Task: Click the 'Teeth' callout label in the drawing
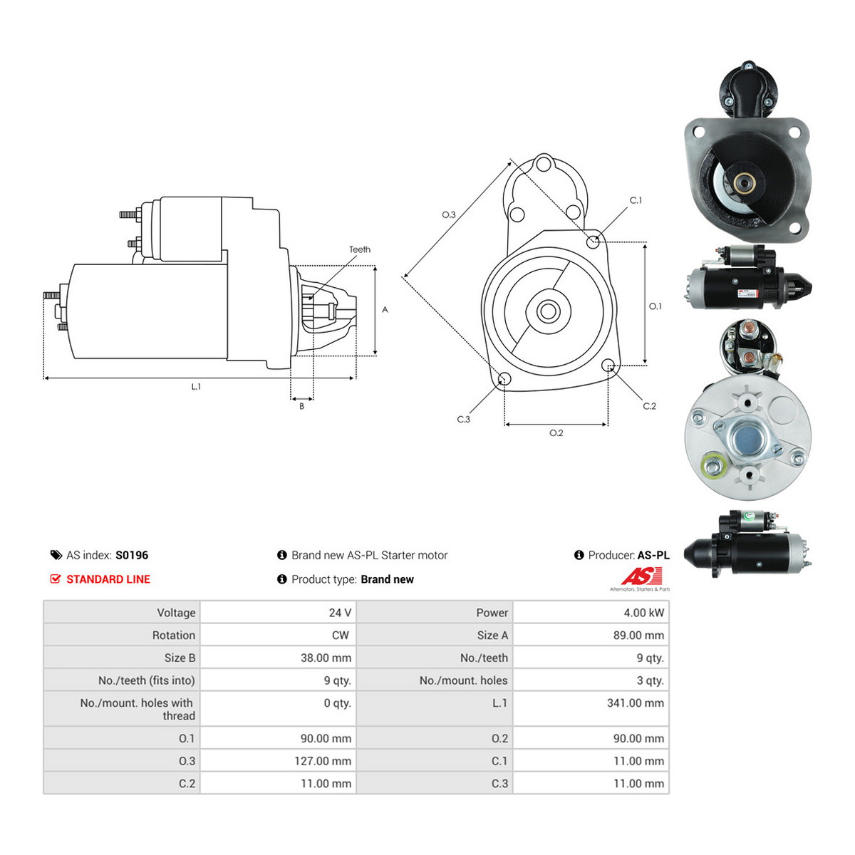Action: [359, 249]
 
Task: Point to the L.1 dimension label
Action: [196, 386]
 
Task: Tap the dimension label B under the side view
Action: [301, 406]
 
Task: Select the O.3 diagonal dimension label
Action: [449, 214]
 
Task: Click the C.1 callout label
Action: [636, 200]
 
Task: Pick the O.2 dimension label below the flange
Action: [556, 432]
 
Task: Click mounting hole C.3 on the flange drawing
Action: [504, 379]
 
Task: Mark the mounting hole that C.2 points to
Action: [608, 366]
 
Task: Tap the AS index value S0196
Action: [132, 555]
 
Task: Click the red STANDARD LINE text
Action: [108, 579]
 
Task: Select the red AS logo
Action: [641, 576]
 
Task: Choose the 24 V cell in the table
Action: [340, 613]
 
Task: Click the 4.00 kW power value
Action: [644, 613]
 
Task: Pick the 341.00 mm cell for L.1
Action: [636, 703]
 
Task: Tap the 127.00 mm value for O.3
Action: [323, 761]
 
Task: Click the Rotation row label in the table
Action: [173, 636]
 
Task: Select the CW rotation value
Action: [341, 636]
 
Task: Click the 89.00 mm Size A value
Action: [638, 636]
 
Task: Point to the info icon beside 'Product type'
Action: [281, 579]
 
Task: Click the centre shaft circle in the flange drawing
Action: [549, 311]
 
